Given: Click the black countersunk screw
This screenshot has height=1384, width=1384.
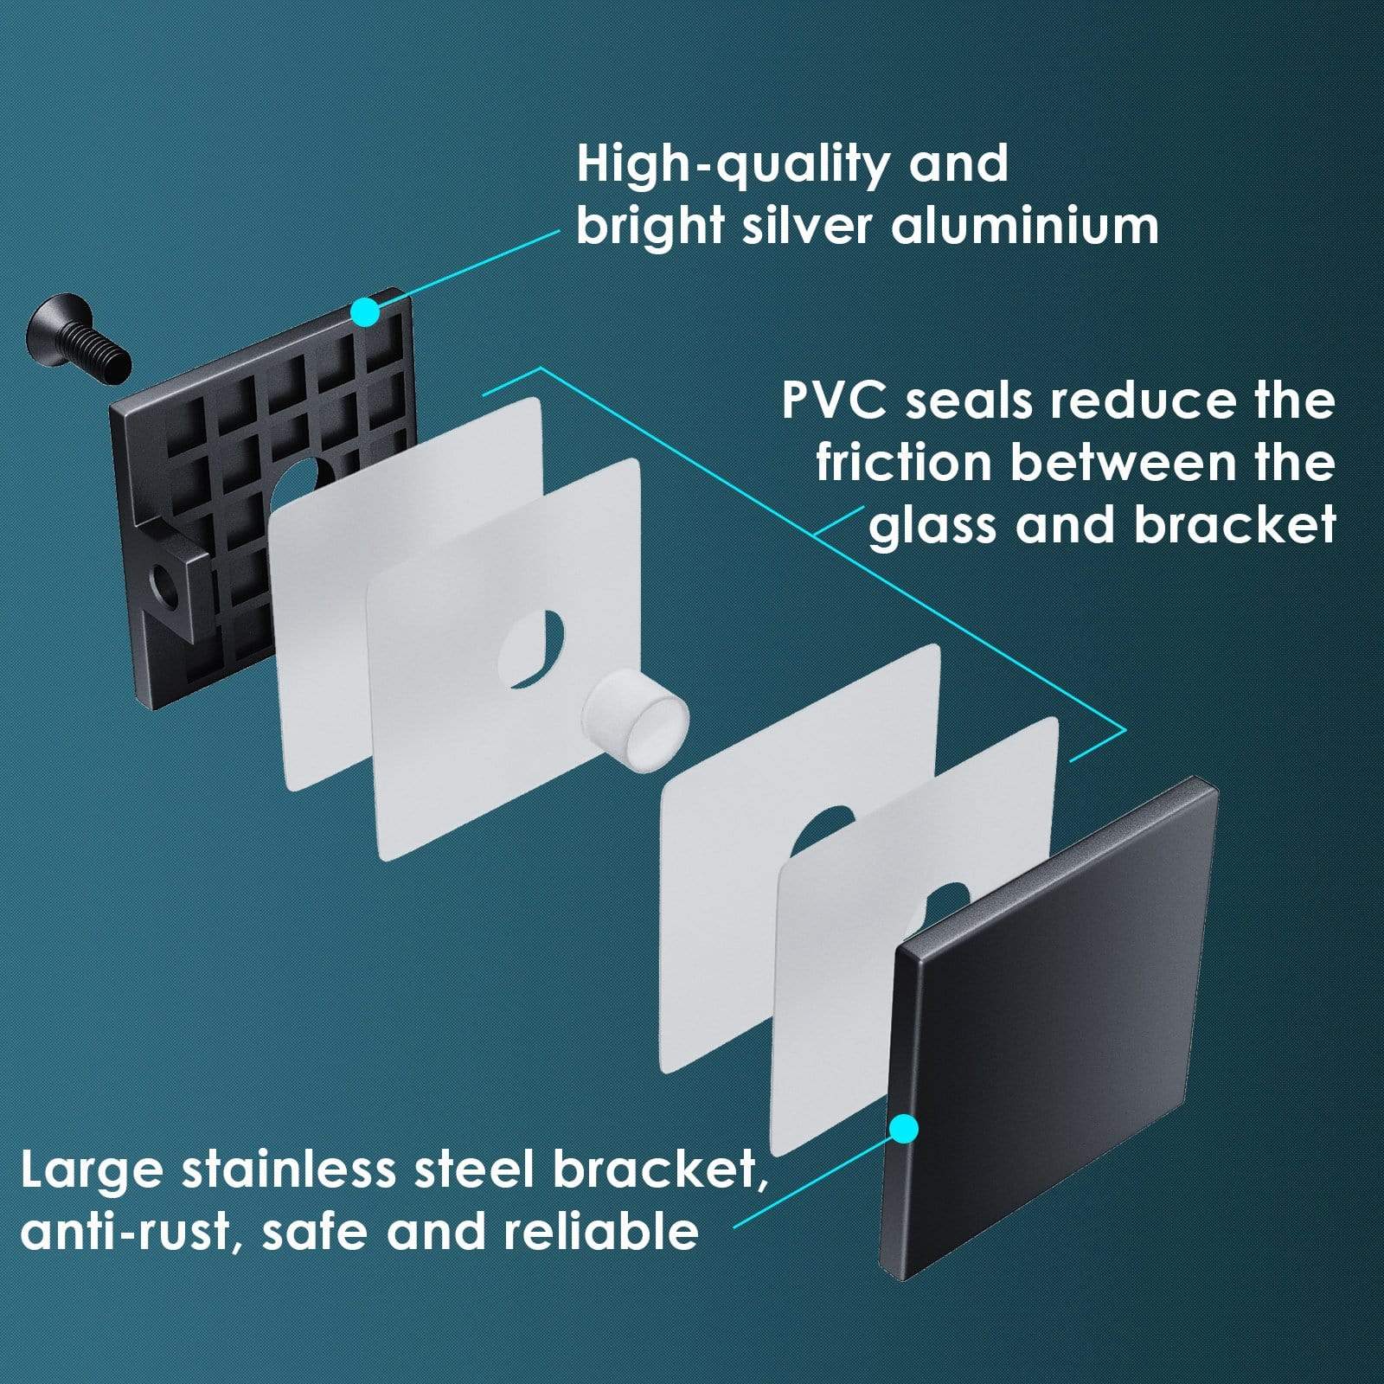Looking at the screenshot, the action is (78, 337).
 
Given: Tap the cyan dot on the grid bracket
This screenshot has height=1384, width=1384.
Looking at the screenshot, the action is (366, 312).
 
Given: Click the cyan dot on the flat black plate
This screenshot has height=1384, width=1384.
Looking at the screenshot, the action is (904, 1128).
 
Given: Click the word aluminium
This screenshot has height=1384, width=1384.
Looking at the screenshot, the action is (1025, 227).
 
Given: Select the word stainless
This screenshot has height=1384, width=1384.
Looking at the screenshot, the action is (289, 1170).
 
